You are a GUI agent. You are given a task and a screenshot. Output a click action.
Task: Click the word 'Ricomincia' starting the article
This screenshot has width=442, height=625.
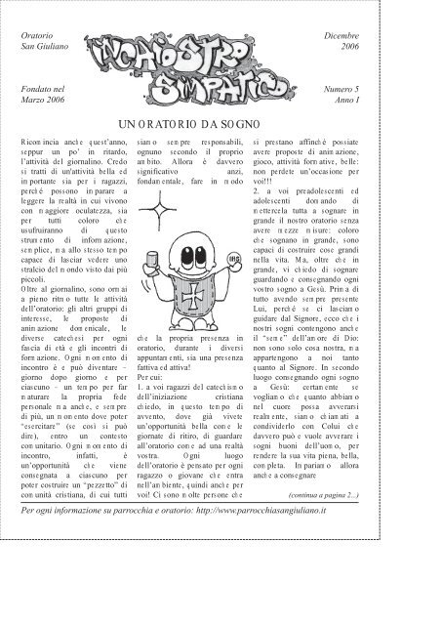42,145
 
